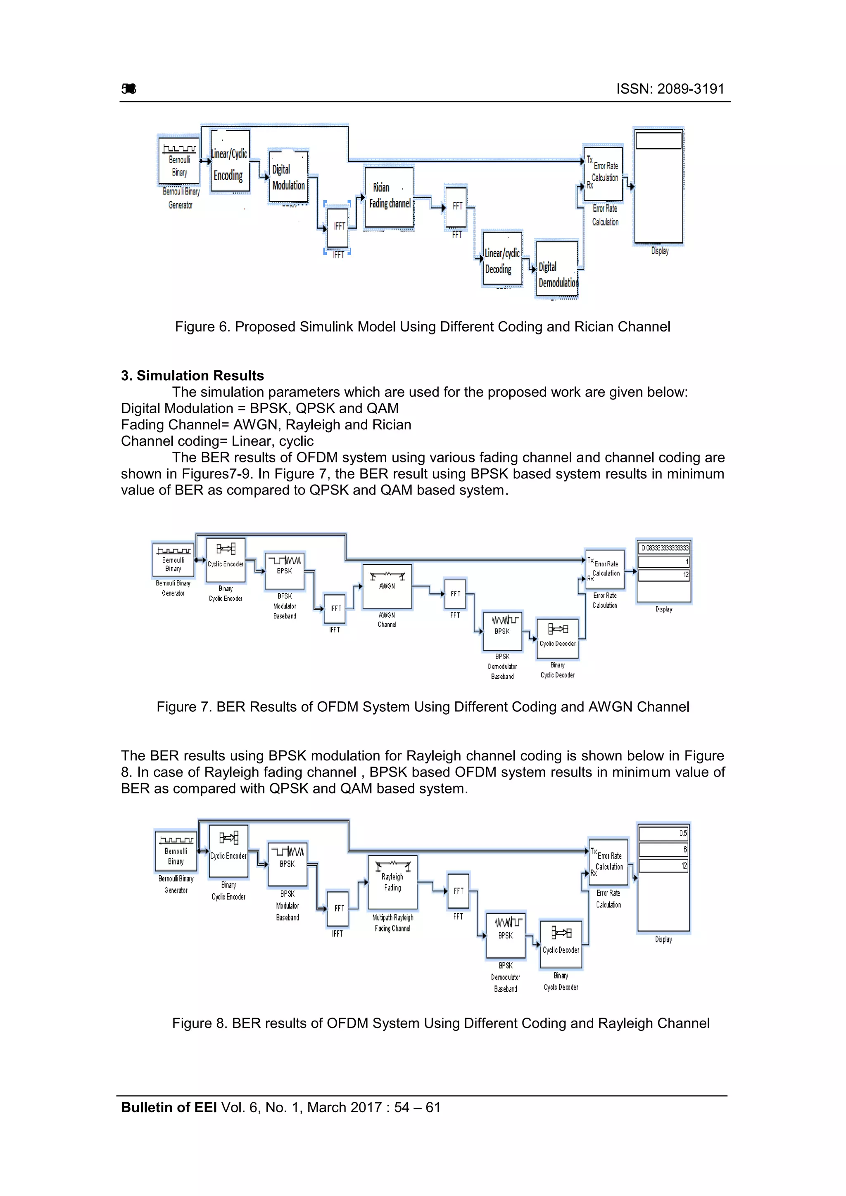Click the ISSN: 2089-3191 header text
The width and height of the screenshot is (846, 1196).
(670, 89)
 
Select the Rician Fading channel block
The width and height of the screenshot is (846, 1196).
(390, 197)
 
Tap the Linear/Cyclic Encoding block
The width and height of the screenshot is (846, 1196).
(229, 162)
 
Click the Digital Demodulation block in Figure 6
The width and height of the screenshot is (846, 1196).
(557, 268)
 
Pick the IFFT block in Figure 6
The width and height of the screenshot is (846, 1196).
(338, 227)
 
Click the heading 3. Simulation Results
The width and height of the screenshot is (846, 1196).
(192, 376)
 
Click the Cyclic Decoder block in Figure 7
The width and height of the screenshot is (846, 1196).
(557, 639)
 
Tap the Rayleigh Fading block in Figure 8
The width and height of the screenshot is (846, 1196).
(392, 882)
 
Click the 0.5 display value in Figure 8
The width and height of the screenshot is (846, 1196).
(663, 834)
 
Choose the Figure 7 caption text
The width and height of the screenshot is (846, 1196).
(423, 707)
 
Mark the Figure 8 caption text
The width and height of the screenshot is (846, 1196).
(440, 1023)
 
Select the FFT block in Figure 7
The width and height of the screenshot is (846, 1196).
(455, 594)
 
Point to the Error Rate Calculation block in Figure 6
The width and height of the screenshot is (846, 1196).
(604, 173)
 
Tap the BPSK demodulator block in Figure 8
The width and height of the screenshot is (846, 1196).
(505, 935)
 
